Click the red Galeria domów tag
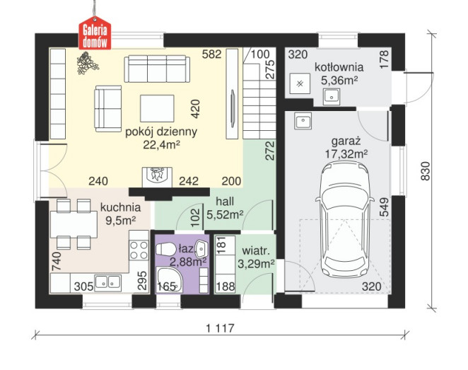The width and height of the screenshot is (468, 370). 95,34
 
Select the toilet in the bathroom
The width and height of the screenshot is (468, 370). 166,249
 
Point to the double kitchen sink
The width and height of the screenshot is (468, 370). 108,283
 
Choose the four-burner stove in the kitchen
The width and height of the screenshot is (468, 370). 139,250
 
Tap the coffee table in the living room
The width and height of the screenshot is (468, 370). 157,109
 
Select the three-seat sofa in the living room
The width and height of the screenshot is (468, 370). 157,69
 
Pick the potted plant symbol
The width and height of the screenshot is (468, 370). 87,63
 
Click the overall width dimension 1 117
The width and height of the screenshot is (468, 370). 221,328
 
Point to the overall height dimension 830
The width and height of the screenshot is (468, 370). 425,170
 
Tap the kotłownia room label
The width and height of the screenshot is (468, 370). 339,67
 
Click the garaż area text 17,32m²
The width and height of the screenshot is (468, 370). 346,154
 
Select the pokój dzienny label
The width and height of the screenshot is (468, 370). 161,132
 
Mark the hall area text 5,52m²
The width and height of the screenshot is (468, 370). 225,214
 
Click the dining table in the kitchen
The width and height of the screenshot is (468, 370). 74,224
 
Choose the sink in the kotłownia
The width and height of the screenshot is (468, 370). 331,97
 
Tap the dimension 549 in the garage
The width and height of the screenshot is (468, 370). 385,207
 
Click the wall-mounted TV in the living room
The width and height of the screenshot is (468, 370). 233,109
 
